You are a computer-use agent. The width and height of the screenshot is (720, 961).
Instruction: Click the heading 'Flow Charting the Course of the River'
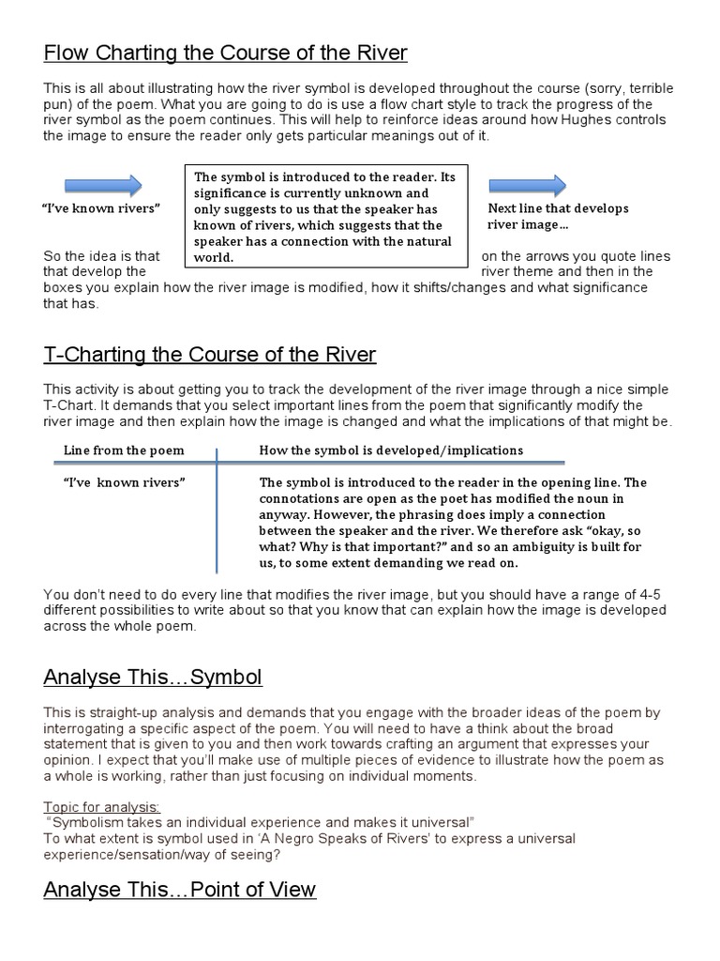coord(225,53)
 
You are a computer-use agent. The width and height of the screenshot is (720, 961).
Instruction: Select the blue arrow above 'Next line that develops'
coord(528,185)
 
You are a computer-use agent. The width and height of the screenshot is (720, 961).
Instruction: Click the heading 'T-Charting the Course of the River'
coord(209,355)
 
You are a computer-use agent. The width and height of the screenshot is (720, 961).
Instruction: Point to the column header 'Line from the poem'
coord(124,450)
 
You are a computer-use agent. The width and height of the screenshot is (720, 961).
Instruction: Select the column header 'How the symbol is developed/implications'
coord(391,450)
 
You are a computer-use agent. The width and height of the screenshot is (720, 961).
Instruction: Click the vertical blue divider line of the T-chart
coord(217,511)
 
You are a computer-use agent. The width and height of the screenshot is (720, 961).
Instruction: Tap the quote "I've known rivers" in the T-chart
coord(124,482)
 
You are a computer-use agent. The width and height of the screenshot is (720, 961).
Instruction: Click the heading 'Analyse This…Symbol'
coord(153,677)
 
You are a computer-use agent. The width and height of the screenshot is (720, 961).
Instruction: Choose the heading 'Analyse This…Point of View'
coord(180,890)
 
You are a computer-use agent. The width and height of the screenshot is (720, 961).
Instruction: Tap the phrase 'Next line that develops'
coord(558,208)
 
